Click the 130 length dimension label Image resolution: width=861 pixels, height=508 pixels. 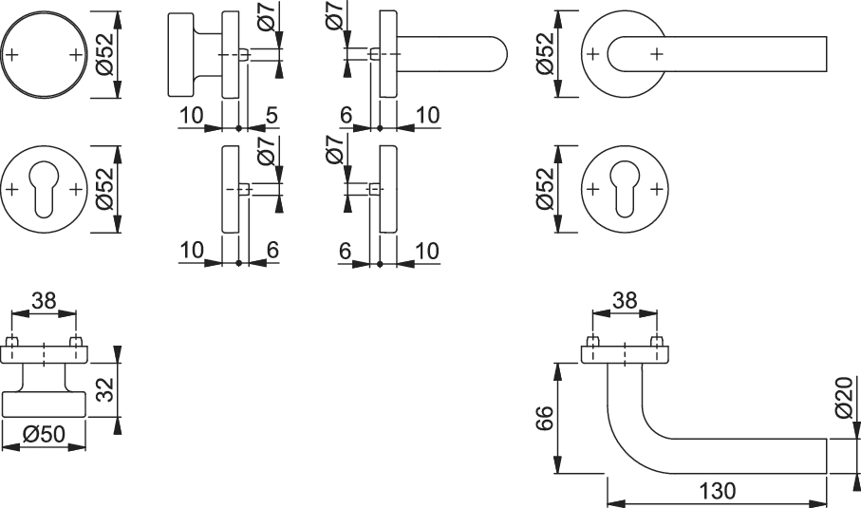tap(717, 490)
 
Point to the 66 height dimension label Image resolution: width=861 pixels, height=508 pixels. tap(545, 419)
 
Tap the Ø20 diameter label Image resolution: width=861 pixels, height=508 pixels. tap(844, 397)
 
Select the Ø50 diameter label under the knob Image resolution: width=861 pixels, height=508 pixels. tap(44, 434)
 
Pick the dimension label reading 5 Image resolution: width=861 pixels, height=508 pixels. tap(271, 115)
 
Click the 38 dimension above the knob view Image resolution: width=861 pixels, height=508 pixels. tap(44, 300)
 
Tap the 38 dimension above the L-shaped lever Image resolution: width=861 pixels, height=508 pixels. tap(625, 300)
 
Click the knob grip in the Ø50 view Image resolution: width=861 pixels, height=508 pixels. tap(44, 405)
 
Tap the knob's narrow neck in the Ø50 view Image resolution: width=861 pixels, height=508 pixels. tap(44, 378)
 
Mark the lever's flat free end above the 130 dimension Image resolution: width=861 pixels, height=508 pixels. tap(827, 455)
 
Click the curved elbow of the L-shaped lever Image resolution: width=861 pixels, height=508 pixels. tap(631, 444)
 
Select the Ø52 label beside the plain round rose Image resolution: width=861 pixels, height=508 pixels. tap(104, 54)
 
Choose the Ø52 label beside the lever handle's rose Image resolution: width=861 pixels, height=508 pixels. tap(545, 54)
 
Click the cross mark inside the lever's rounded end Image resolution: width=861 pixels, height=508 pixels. tap(657, 54)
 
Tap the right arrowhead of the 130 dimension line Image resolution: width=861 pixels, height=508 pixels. tap(818, 503)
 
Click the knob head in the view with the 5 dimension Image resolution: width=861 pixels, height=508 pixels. tap(180, 54)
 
